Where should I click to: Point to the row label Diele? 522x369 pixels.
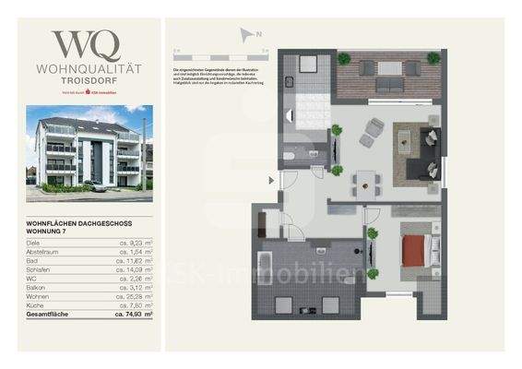click(36, 242)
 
